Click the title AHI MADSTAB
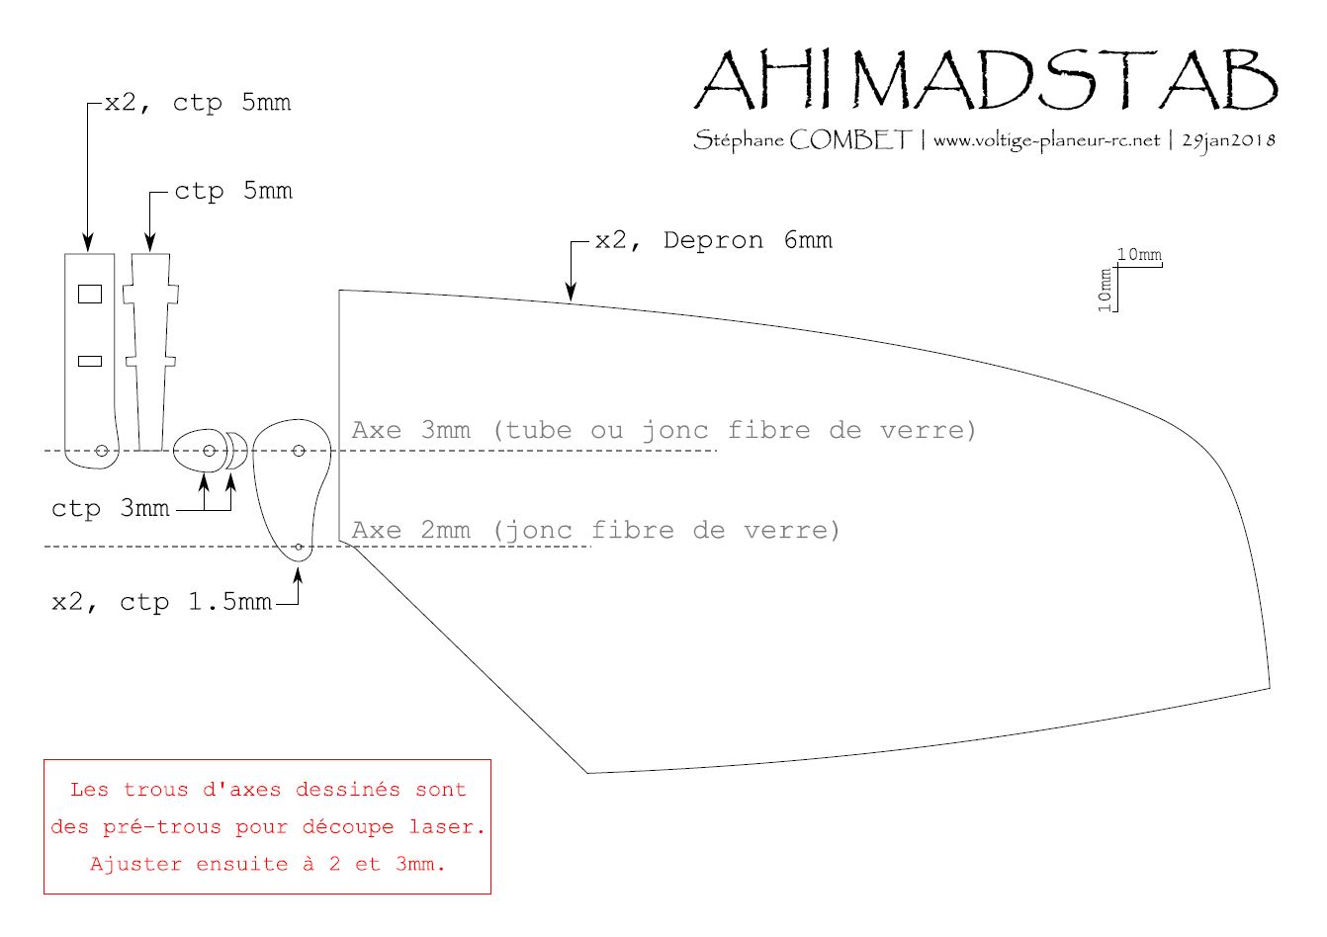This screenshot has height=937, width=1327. pos(986,79)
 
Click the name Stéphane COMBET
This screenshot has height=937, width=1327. pos(803,140)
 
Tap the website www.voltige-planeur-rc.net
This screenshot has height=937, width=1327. pos(1047,141)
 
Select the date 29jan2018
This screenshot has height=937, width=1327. pos(1229,141)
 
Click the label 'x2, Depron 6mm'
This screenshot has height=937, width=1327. pos(714,240)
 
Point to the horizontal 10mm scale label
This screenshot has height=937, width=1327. pos(1139,255)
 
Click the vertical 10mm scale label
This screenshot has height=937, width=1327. pos(1105,290)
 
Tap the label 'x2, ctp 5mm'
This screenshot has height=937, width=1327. pos(198,103)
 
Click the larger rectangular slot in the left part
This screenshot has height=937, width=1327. pos(90,294)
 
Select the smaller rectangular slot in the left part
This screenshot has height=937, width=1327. pos(90,361)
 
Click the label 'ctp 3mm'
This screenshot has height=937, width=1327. pos(111,508)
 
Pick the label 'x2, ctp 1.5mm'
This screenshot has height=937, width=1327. pos(162,602)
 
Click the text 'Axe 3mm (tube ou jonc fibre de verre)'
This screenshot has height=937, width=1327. pos(663,430)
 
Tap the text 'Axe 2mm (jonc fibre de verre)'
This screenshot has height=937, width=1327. pos(596,530)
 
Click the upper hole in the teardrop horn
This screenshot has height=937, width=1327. pos(300,451)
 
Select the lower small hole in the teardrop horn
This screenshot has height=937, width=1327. pos(300,547)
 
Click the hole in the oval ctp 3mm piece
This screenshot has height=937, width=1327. pos(209,451)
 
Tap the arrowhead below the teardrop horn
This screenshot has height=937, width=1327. pos(298,576)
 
